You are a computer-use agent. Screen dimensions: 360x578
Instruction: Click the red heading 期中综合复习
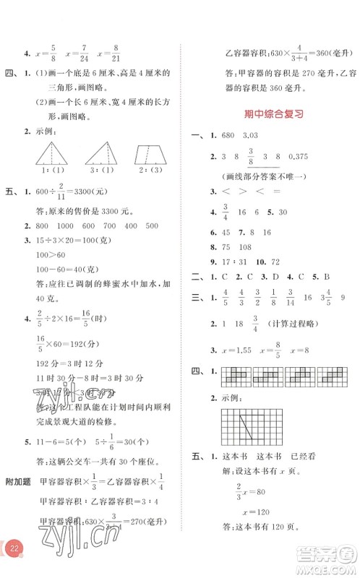(270, 113)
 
